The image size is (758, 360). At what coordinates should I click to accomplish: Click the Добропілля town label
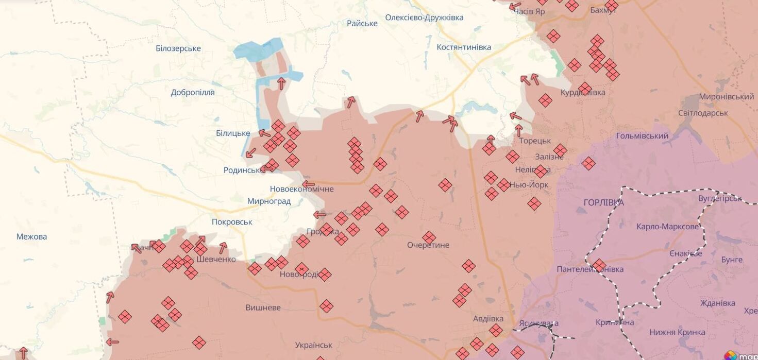(193, 93)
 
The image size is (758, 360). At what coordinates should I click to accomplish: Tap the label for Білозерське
(178, 48)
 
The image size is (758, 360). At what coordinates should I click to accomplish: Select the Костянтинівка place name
(464, 47)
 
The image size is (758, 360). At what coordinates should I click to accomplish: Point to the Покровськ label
(232, 222)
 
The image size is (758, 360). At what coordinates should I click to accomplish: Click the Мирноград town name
(269, 201)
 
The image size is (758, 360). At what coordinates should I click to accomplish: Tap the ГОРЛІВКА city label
(603, 202)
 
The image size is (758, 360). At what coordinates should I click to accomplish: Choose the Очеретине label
(428, 245)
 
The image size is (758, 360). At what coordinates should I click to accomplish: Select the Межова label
(31, 237)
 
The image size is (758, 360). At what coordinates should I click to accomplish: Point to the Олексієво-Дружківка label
(424, 18)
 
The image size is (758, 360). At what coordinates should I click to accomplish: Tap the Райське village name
(362, 23)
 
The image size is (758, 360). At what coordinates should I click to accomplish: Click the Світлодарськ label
(703, 113)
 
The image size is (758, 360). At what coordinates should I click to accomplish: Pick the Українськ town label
(314, 345)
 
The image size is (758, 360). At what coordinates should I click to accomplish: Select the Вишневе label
(263, 307)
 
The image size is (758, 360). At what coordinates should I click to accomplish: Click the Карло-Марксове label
(668, 227)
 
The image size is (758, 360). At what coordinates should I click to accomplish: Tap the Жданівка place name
(718, 303)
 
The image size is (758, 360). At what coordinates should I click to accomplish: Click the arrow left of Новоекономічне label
(308, 184)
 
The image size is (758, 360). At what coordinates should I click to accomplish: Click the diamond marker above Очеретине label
(429, 237)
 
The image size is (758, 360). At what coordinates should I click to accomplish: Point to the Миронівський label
(727, 97)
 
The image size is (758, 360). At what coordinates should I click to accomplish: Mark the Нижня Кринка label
(677, 332)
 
